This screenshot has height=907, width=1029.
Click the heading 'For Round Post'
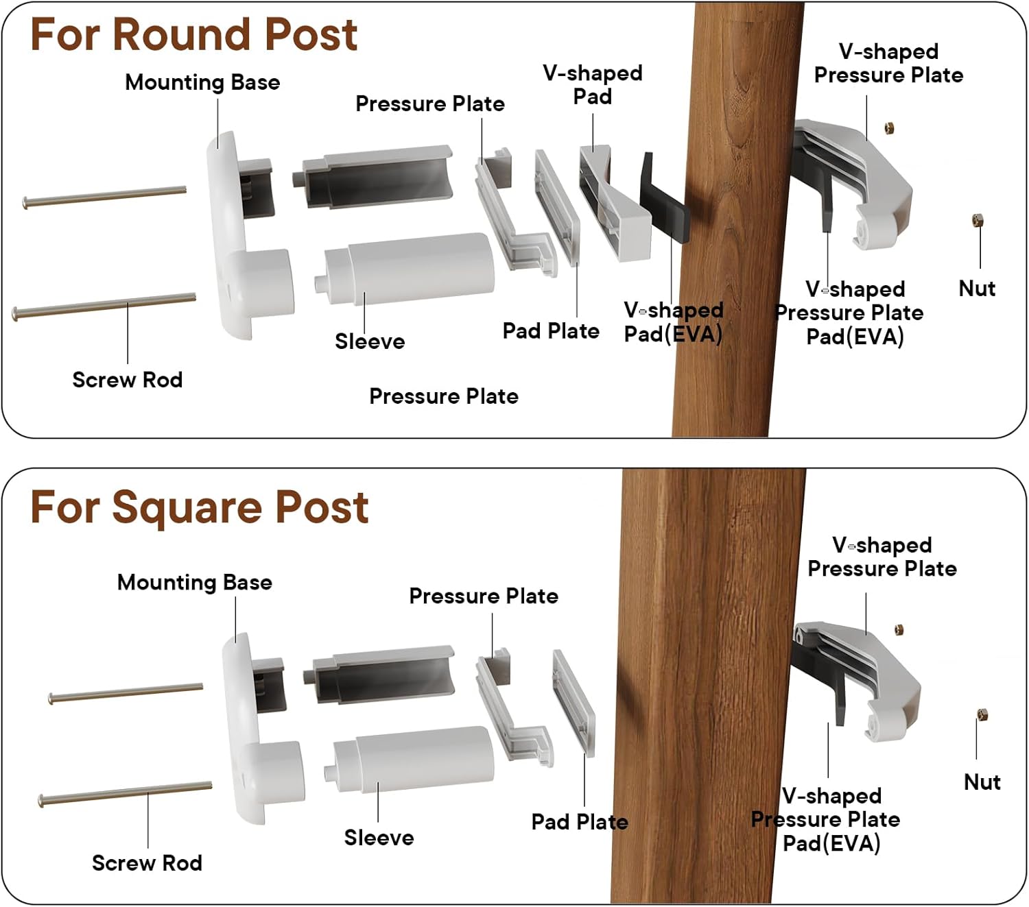[x=193, y=34]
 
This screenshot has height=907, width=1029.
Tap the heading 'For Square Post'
[x=200, y=507]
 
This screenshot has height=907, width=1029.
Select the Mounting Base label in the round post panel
[x=202, y=82]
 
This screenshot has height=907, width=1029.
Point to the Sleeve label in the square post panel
[x=379, y=837]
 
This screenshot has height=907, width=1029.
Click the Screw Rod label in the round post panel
[x=128, y=380]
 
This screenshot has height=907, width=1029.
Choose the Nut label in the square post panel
[x=982, y=782]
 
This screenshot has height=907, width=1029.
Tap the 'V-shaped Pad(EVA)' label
[x=673, y=322]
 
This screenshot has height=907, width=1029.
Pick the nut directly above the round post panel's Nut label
[x=978, y=220]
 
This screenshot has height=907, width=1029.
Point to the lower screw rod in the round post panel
[x=104, y=306]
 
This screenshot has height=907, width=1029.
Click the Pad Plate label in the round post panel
[x=551, y=331]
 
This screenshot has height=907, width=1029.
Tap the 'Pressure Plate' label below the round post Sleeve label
[x=444, y=396]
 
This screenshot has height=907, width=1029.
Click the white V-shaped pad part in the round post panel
[x=614, y=206]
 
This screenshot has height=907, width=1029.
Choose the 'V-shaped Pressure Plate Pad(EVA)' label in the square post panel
[x=826, y=819]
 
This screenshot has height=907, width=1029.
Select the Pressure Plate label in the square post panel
[x=484, y=596]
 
